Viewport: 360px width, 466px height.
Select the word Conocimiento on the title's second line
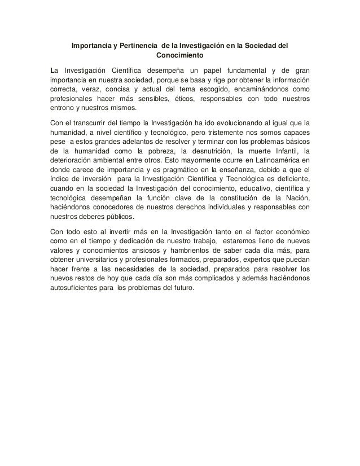point(181,55)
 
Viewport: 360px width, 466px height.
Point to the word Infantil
point(285,152)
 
